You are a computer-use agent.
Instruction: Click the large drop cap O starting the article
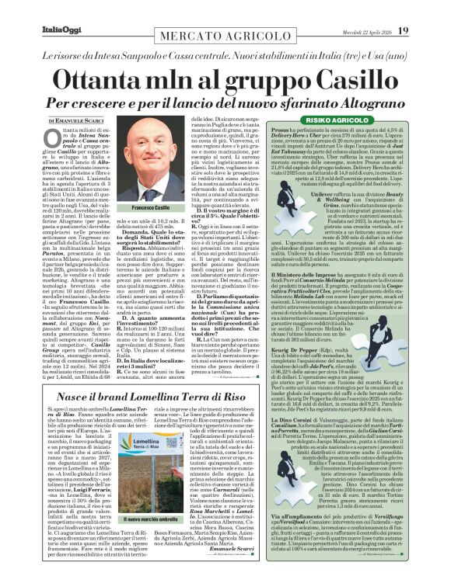tap(50, 141)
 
